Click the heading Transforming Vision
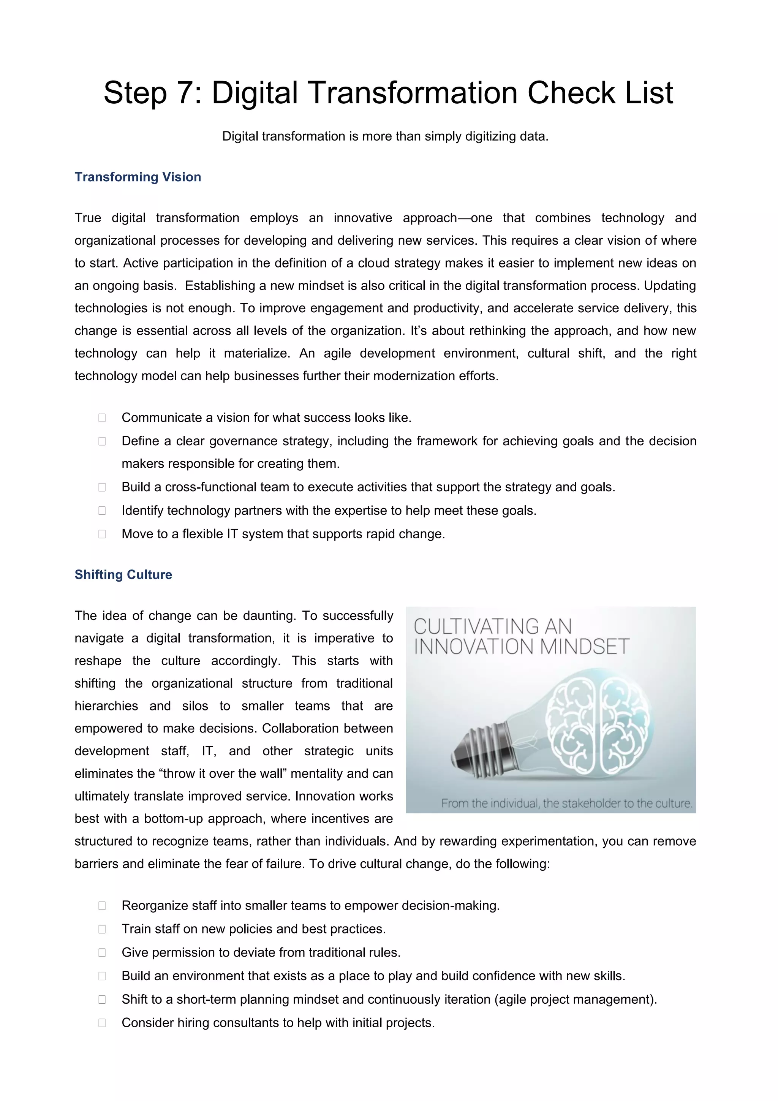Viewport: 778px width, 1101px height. (138, 177)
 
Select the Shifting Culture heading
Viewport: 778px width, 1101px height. (123, 574)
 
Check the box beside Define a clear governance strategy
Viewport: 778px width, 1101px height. (102, 441)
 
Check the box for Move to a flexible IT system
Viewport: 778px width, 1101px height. (102, 535)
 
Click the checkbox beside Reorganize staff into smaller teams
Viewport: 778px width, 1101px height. (102, 906)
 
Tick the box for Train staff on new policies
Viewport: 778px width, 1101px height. (102, 929)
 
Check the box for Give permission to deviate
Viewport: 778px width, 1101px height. (102, 953)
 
